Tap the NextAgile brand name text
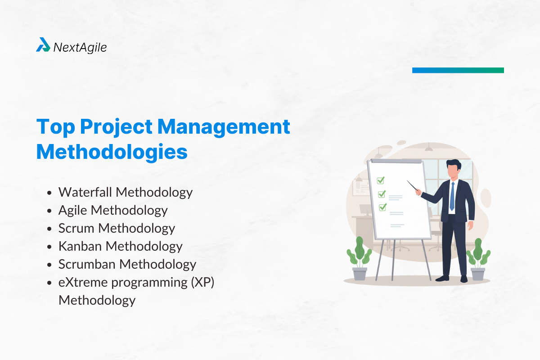(x=80, y=47)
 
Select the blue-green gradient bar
(x=458, y=70)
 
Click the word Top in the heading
(x=54, y=127)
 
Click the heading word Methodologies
(x=112, y=152)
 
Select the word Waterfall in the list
(x=85, y=192)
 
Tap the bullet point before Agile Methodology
(x=50, y=211)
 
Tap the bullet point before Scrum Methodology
(x=50, y=229)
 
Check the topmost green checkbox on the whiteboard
(x=381, y=180)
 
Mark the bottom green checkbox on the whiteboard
(x=383, y=207)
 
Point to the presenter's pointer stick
(x=413, y=186)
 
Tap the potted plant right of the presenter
(x=477, y=260)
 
